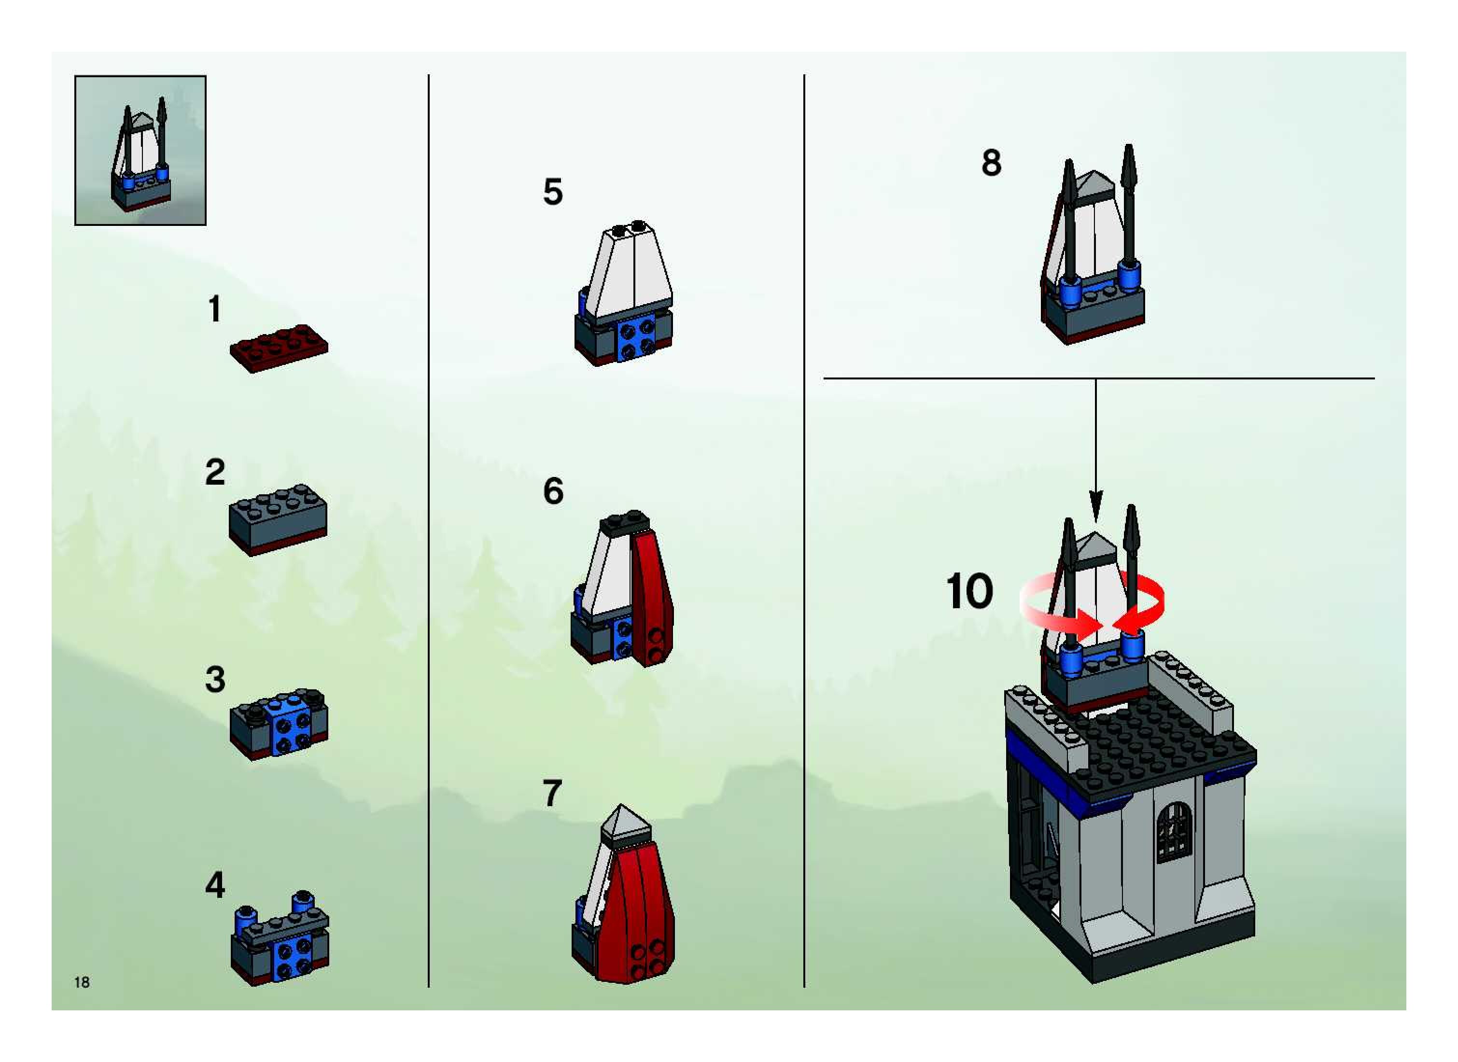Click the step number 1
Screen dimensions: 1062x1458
point(215,309)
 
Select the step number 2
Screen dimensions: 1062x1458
point(215,473)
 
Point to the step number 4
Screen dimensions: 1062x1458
point(215,885)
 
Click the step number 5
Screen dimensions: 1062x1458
point(553,192)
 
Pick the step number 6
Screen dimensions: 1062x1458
point(553,491)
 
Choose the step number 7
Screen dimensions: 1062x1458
point(552,793)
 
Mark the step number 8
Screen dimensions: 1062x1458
point(991,163)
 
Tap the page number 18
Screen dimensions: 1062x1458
point(82,982)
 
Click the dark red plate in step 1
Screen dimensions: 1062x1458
point(279,348)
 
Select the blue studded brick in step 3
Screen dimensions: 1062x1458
point(291,725)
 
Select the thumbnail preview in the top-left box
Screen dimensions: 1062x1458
point(140,151)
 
